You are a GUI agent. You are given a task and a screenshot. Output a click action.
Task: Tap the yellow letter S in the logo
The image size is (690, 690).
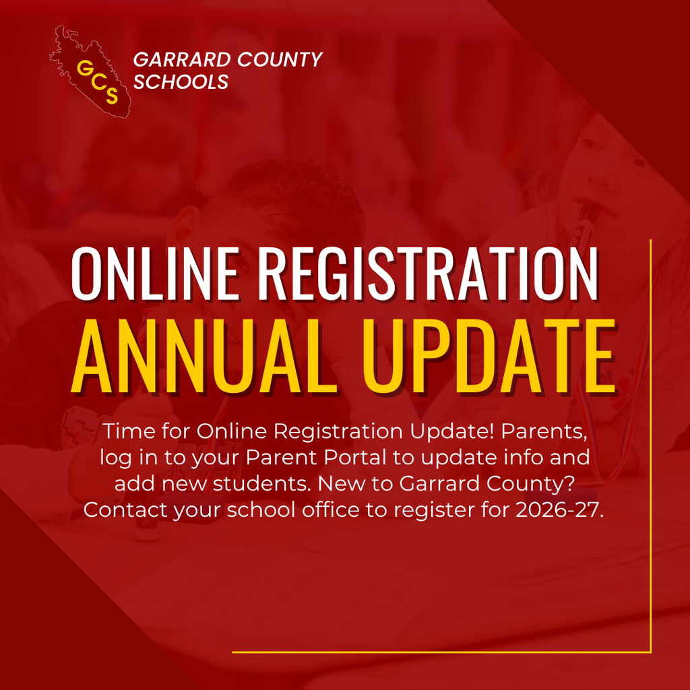coord(111,96)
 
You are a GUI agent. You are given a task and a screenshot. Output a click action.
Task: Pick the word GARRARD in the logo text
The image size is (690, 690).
coord(176,59)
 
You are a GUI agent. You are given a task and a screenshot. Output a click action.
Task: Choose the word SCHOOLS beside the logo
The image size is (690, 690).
coord(181,82)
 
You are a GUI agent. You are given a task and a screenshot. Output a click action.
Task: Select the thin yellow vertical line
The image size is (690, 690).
coord(651,445)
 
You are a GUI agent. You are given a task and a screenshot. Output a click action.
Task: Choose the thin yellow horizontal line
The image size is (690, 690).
coord(441,652)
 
